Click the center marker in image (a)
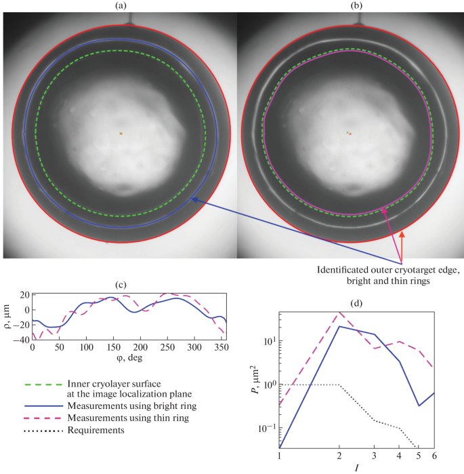tap(121, 134)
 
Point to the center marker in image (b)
tap(349, 134)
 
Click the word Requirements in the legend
tap(96, 430)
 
